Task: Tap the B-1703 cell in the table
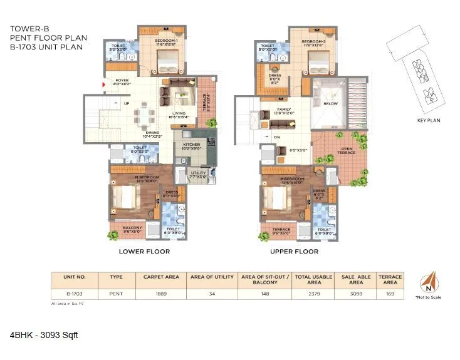pos(73,292)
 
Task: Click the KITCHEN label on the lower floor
pos(191,144)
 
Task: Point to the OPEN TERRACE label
pos(346,150)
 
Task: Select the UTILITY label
pos(198,173)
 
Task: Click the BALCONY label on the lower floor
pos(132,227)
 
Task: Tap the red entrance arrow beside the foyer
pos(104,82)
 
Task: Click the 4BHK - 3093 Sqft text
pos(43,336)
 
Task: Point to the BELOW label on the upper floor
pos(330,103)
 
